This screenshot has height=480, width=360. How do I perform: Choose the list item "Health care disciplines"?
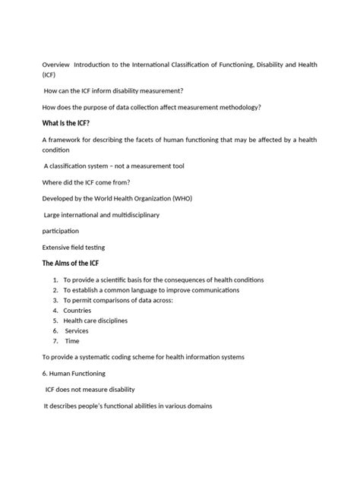point(96,321)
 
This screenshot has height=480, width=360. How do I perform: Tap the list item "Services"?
point(77,331)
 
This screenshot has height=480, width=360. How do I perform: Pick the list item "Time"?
point(72,341)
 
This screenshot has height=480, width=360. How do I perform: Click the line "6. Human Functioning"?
point(84,374)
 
